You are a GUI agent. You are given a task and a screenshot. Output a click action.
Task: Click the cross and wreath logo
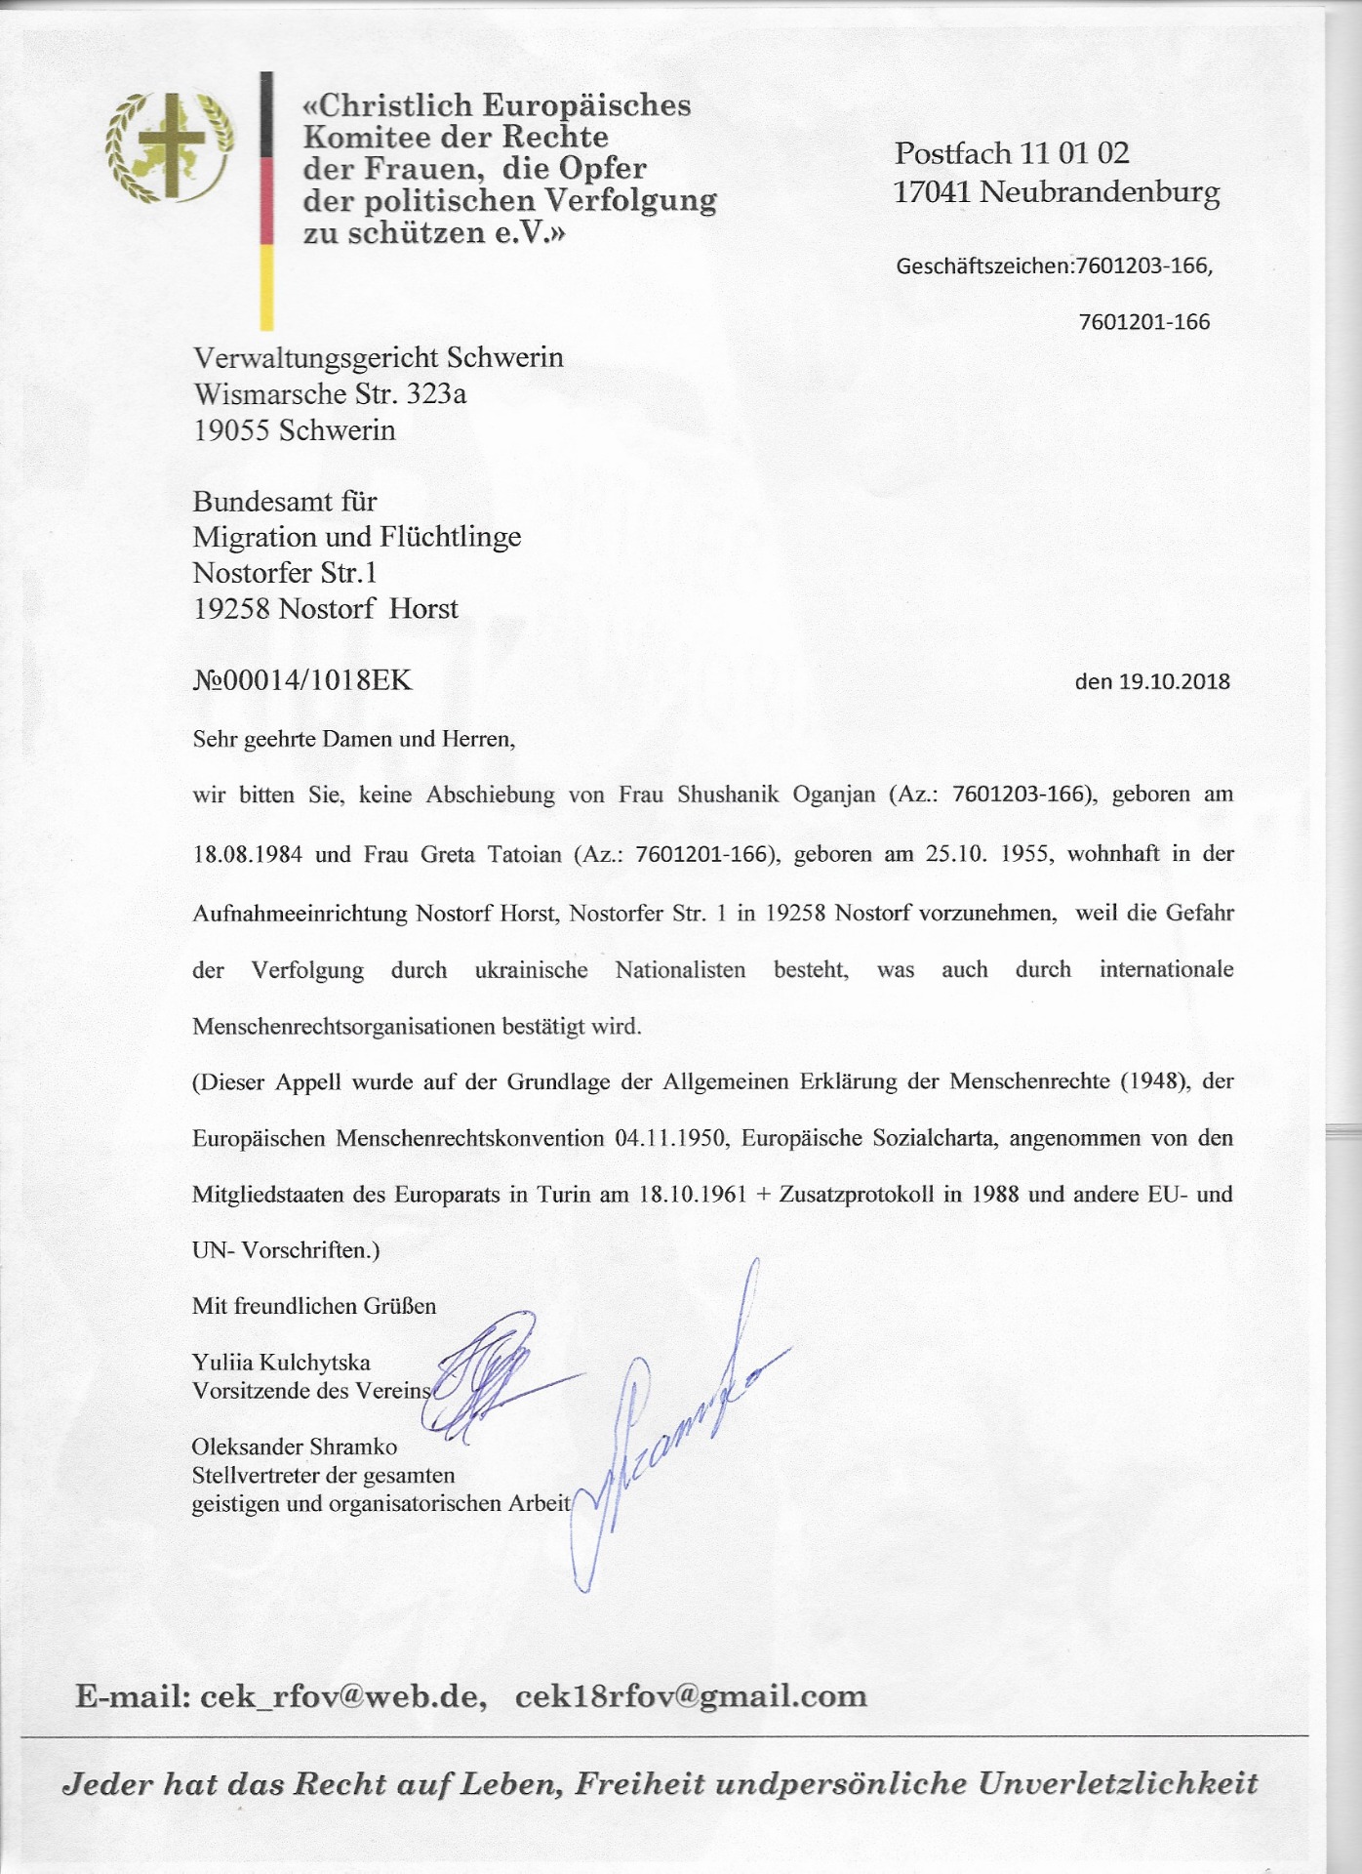tap(170, 146)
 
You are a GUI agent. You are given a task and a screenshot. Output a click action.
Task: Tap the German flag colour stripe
tap(265, 200)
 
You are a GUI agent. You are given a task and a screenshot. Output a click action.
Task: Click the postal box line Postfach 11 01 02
tap(1012, 153)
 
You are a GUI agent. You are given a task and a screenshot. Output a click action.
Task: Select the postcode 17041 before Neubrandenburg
tap(933, 191)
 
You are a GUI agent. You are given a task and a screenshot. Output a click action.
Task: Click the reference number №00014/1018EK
tap(302, 679)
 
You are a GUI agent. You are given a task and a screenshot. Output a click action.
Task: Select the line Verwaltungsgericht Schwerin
tap(379, 357)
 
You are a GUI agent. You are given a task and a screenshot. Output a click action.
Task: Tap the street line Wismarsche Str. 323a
tap(330, 393)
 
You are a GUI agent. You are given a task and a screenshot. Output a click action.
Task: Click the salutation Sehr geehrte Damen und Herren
tap(353, 738)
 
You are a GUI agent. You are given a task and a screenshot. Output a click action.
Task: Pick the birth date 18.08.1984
tap(248, 855)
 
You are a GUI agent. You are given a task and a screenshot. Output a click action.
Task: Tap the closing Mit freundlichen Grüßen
tap(314, 1306)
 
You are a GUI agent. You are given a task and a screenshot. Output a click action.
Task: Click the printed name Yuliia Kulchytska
tap(281, 1362)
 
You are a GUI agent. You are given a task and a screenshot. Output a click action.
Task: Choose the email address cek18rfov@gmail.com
tap(691, 1695)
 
